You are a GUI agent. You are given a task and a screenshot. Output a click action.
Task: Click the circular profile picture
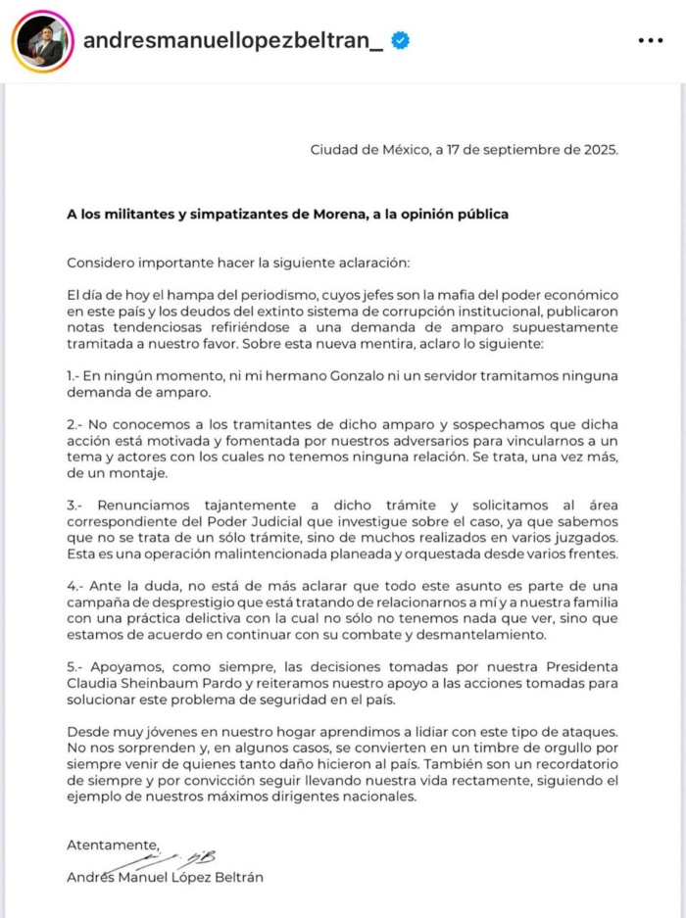coord(41,40)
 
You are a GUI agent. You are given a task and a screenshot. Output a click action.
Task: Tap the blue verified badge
coord(401,40)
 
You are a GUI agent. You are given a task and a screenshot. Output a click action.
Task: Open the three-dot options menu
coord(651,40)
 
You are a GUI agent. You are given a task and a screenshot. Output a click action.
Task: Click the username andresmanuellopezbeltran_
coord(233,40)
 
